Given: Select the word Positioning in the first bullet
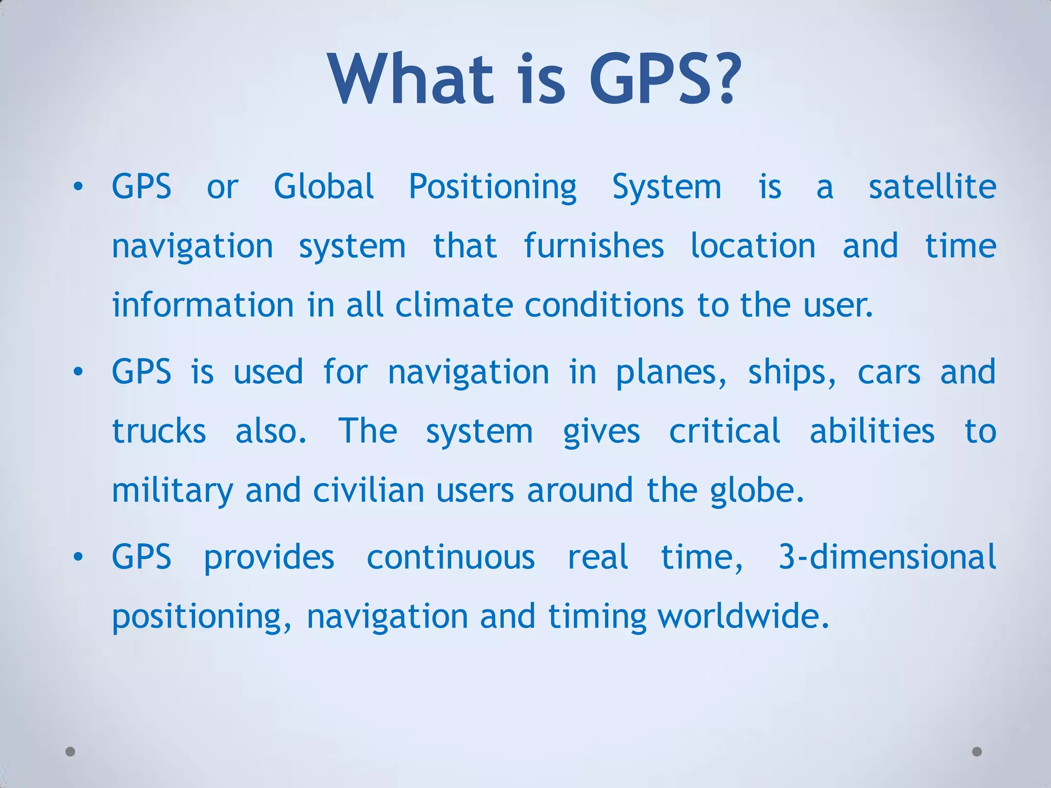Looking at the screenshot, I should tap(493, 187).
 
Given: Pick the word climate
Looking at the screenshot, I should tap(454, 305).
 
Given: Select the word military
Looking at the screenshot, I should tap(172, 491).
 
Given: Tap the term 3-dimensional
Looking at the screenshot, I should tap(887, 557).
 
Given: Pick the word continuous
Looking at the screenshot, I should tap(451, 557).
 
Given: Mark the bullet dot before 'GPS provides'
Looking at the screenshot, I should tap(77, 557).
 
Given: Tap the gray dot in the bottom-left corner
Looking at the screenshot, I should tap(71, 752).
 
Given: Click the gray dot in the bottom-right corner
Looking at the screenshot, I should tap(977, 752).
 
